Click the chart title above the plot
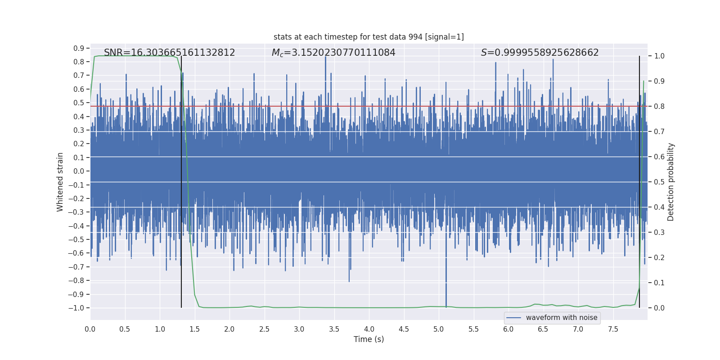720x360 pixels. point(369,37)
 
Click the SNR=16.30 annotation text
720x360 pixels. point(169,53)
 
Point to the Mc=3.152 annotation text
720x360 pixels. point(333,53)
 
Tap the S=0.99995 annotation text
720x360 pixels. point(540,53)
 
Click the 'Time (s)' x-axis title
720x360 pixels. point(369,339)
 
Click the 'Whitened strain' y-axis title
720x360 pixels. point(60,182)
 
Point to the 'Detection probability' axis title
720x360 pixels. point(671,182)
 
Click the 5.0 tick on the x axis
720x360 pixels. point(439,329)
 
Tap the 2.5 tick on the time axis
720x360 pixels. point(264,329)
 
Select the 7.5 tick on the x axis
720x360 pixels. point(613,329)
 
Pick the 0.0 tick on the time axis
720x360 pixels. point(90,329)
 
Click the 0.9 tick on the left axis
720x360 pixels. point(79,48)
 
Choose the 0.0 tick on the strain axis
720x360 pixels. point(79,171)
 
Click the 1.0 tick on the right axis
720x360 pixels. point(659,56)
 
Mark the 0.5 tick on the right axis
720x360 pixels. point(659,182)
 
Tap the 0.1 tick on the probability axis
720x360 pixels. point(659,283)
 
